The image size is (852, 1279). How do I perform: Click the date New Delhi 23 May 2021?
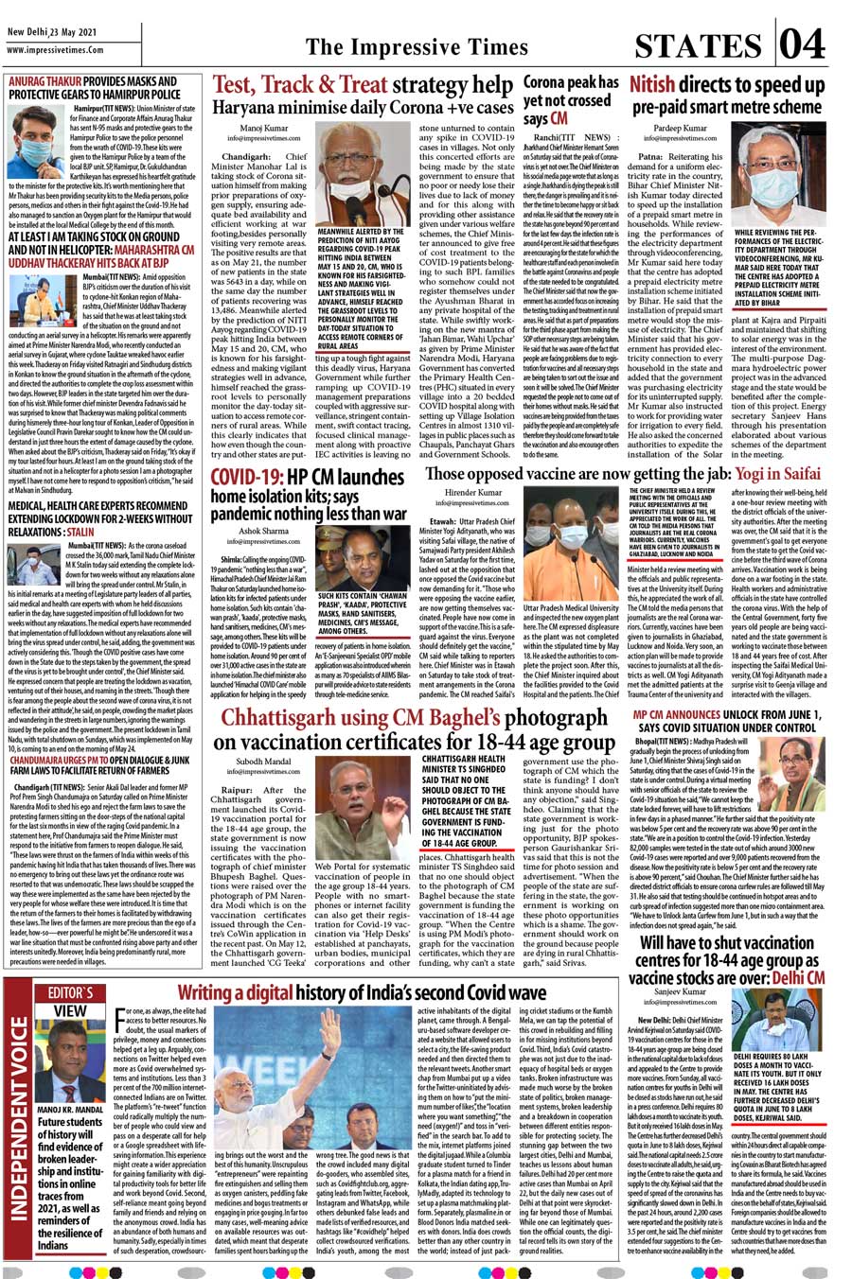(52, 31)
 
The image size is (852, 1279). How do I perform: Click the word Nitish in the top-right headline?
(652, 85)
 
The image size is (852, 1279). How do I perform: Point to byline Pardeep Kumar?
(680, 128)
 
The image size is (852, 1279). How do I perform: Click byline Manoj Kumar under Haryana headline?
(264, 128)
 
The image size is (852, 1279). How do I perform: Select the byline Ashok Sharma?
(264, 532)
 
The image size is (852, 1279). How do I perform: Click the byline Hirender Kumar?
(473, 493)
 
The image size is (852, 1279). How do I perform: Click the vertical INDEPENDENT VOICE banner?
(18, 1135)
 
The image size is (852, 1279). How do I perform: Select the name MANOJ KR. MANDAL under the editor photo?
(69, 1110)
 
